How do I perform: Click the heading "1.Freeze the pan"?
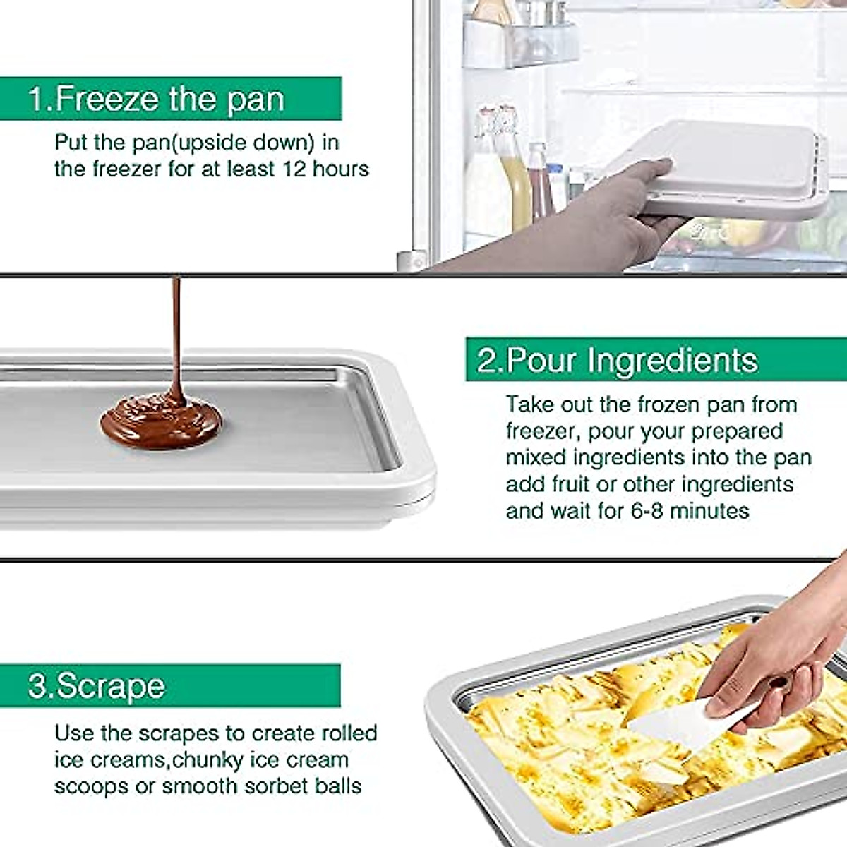(x=156, y=98)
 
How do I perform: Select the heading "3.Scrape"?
(x=97, y=685)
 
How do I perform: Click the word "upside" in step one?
(x=212, y=143)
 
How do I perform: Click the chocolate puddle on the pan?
(x=161, y=422)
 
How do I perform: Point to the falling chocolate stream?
(x=176, y=332)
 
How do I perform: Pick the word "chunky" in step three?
(x=207, y=760)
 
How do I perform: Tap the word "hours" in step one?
(x=341, y=169)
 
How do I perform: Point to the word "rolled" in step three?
(x=349, y=733)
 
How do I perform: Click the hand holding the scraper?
(x=769, y=656)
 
